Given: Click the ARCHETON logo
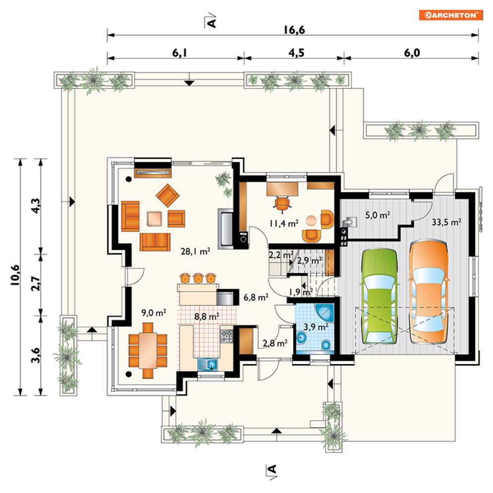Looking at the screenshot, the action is [450, 15].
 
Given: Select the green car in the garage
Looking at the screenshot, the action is [379, 296].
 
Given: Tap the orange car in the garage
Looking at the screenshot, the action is [429, 291].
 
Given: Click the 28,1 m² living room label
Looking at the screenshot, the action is [195, 251].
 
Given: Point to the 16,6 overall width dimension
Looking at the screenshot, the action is [294, 30].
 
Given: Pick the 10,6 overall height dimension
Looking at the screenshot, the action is [15, 275].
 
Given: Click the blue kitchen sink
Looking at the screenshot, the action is [208, 364].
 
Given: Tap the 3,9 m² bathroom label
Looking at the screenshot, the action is [316, 327].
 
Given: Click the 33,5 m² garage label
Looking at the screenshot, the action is [446, 222].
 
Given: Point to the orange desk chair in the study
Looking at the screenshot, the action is [282, 204].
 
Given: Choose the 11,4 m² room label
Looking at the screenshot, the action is [283, 223].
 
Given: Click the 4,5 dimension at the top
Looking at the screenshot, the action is [296, 53].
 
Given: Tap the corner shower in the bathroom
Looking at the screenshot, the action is [324, 313].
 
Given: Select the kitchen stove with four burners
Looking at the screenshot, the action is [226, 336].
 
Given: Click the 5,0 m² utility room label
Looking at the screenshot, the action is [378, 215].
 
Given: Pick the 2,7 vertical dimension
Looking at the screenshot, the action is [36, 283].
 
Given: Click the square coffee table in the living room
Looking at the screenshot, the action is [155, 219].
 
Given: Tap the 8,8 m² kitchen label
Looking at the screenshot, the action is [207, 316].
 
